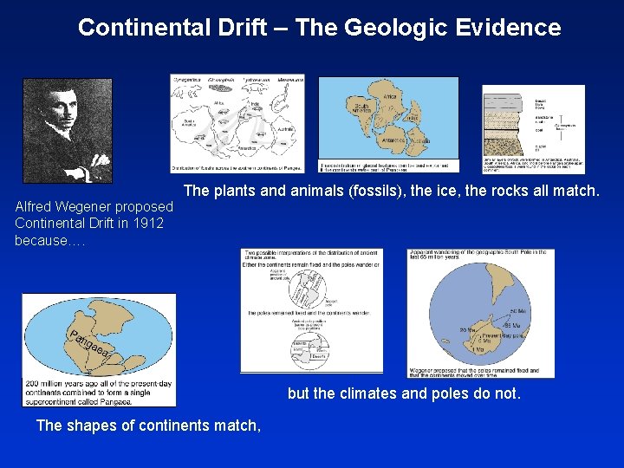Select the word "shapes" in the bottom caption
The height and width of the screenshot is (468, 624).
[95, 425]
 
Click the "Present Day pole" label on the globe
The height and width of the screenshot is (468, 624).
[505, 337]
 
